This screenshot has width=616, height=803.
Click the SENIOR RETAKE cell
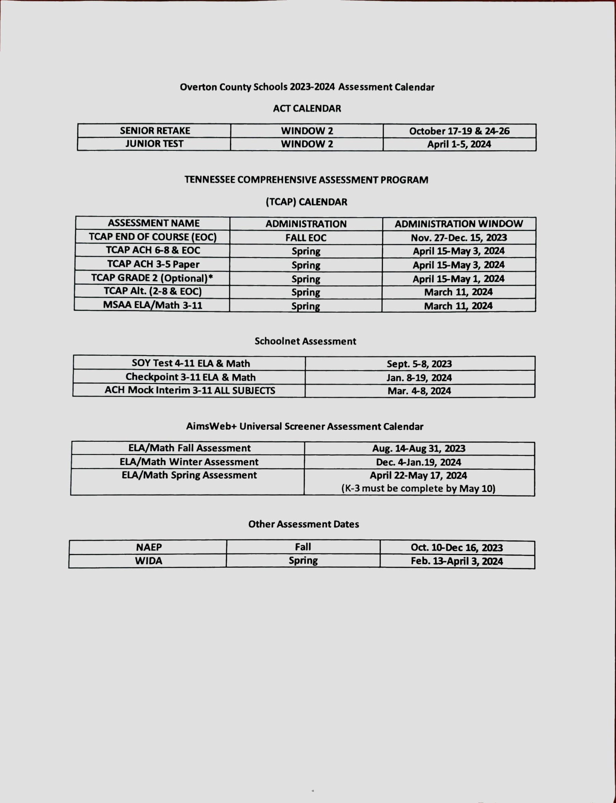pos(155,131)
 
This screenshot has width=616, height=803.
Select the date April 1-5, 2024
pos(459,144)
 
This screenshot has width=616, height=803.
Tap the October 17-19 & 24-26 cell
pos(459,131)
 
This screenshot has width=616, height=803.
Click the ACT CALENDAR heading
pos(307,109)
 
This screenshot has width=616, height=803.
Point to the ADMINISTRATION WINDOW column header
pos(458,224)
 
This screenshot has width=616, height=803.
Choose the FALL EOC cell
pos(306,238)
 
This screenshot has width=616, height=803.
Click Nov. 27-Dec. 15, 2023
pos(458,238)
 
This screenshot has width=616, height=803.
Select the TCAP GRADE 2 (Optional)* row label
pos(152,278)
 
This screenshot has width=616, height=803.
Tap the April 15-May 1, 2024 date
pos(458,279)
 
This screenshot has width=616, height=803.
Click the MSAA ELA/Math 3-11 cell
pos(152,305)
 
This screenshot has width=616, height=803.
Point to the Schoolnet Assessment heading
pos(305,341)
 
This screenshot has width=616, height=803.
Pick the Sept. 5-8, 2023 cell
pos(419,364)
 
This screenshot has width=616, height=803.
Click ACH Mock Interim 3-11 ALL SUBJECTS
pos(190,391)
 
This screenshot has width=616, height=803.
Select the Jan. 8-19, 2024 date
pos(419,378)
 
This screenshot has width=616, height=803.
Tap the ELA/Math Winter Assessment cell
pos(189,462)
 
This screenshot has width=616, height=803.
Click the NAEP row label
pos(149,547)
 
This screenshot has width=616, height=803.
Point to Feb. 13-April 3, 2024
pos(456,561)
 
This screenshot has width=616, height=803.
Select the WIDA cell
pos(149,561)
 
